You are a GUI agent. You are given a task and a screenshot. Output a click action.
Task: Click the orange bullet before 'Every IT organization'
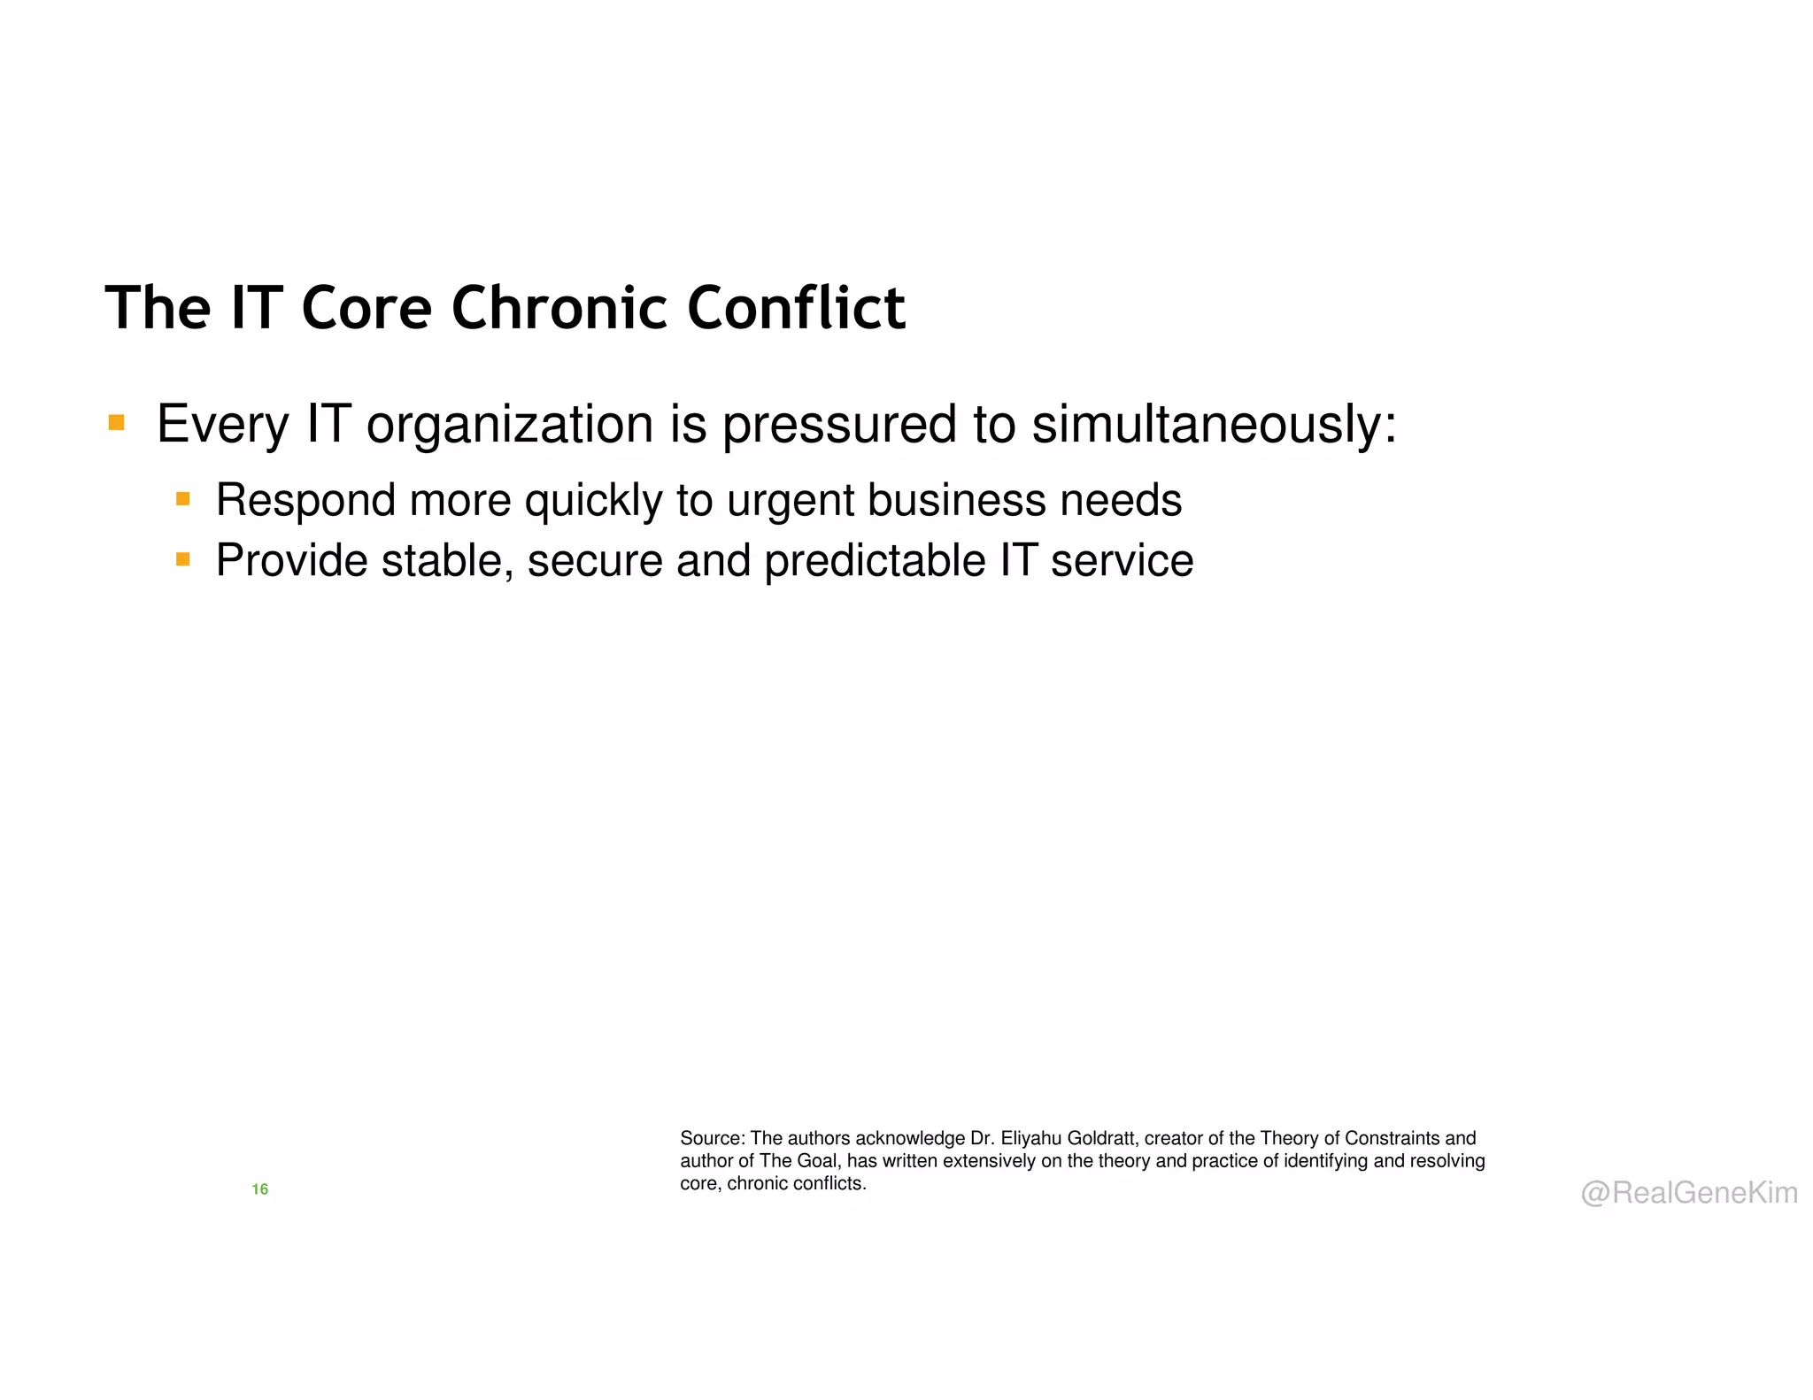pyautogui.click(x=116, y=422)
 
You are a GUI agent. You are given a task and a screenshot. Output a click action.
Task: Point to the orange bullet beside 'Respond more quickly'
pyautogui.click(x=183, y=499)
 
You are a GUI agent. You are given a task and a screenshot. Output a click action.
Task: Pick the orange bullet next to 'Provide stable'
pyautogui.click(x=183, y=559)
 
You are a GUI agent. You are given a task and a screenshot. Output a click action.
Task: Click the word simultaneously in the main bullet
pyautogui.click(x=1213, y=425)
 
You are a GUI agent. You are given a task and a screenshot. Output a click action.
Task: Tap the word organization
pyautogui.click(x=510, y=425)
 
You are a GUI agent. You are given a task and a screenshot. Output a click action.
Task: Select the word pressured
pyautogui.click(x=839, y=425)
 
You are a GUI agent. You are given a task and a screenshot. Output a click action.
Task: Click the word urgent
pyautogui.click(x=790, y=501)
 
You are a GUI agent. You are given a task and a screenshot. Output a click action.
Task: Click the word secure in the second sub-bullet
pyautogui.click(x=595, y=561)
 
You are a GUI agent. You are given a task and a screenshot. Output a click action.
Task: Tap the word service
pyautogui.click(x=1122, y=561)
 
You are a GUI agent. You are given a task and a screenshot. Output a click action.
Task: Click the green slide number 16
pyautogui.click(x=260, y=1189)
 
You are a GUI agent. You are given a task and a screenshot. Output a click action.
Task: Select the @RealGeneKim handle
pyautogui.click(x=1689, y=1193)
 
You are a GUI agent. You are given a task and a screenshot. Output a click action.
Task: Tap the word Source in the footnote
pyautogui.click(x=712, y=1138)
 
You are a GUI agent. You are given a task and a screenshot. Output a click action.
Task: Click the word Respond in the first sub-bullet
pyautogui.click(x=305, y=501)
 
